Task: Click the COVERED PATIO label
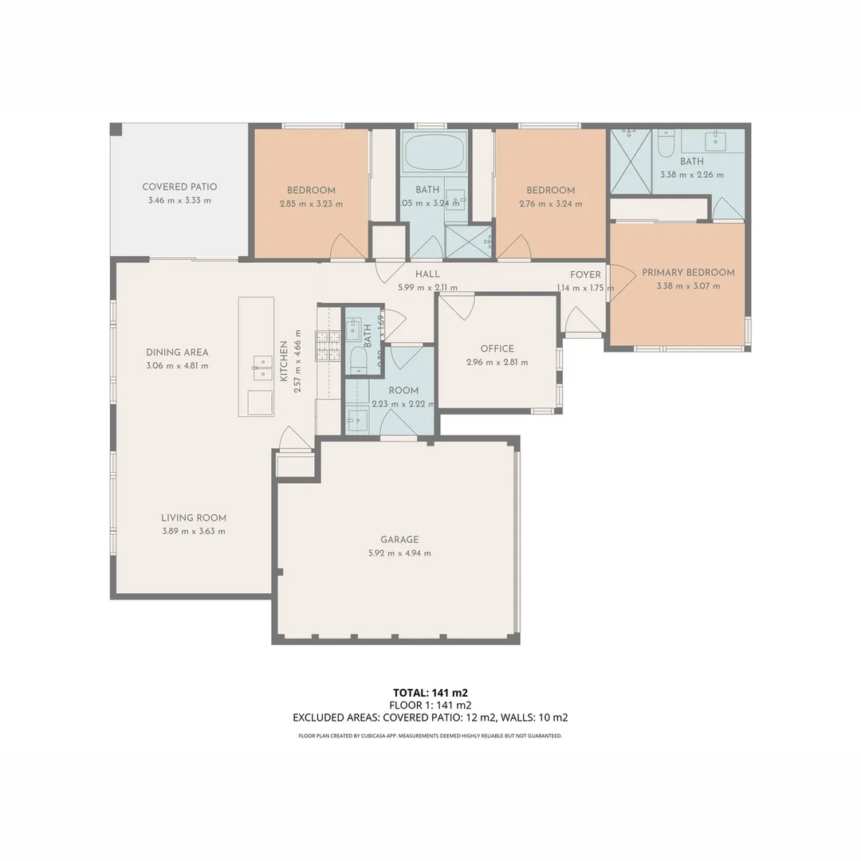tap(179, 187)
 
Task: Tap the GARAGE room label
tap(399, 540)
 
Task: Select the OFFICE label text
tap(497, 348)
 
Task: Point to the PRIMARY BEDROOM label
tap(688, 273)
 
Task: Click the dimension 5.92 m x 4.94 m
tap(399, 553)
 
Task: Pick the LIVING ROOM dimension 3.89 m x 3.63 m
tap(194, 531)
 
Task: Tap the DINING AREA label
tap(177, 352)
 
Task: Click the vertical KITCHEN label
tap(284, 361)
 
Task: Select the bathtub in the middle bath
tap(434, 153)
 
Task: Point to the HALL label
tap(427, 275)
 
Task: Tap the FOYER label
tap(585, 275)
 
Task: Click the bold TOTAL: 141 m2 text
tap(431, 692)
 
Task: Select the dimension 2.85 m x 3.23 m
tap(311, 204)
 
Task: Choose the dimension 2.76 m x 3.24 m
tap(550, 204)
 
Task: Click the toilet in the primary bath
tap(666, 143)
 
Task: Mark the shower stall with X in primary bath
tap(631, 162)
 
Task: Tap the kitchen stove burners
tap(328, 347)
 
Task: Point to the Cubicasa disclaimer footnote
tap(431, 736)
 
